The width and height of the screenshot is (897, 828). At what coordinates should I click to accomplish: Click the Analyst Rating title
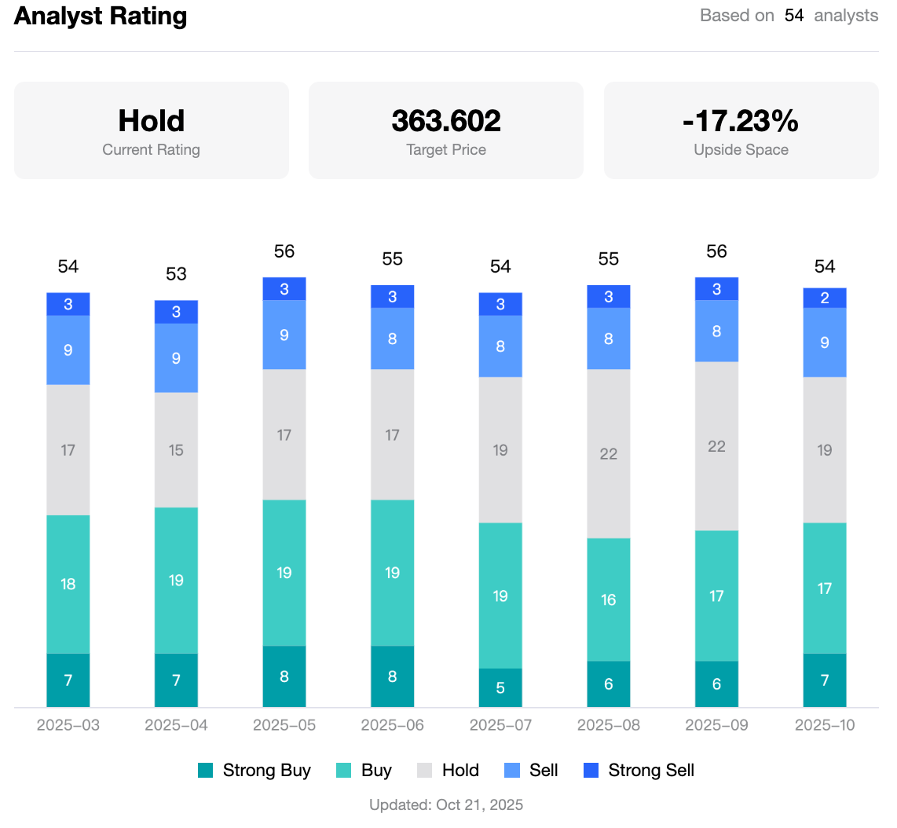[101, 16]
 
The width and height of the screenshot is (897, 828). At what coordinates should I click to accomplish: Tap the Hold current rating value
[151, 121]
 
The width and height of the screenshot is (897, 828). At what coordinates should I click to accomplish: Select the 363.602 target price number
[446, 121]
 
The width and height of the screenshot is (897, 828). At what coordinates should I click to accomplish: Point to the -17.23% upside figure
[741, 121]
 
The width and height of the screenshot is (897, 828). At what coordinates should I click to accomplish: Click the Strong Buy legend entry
[254, 771]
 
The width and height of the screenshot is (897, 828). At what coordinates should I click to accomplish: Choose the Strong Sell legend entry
[639, 771]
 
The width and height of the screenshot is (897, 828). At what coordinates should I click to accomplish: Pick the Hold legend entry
[449, 771]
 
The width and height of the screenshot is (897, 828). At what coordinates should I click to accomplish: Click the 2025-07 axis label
[500, 725]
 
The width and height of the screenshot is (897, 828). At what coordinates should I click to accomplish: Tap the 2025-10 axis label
[825, 725]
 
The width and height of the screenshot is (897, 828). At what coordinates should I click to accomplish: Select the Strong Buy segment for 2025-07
[500, 688]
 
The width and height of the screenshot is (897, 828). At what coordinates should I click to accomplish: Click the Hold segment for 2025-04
[176, 450]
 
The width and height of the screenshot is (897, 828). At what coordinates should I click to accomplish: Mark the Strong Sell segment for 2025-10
[825, 298]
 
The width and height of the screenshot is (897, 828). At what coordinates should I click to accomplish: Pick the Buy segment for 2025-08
[609, 599]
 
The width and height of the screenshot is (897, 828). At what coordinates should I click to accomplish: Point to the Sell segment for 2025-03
[68, 350]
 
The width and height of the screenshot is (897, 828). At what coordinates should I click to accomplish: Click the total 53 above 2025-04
[176, 274]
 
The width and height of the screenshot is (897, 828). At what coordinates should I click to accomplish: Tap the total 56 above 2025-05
[284, 251]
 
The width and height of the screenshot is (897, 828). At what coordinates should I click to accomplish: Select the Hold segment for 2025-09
[716, 446]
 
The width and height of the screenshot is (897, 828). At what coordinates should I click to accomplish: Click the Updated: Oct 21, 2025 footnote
[446, 805]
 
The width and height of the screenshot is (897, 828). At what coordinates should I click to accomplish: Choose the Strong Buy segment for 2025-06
[392, 676]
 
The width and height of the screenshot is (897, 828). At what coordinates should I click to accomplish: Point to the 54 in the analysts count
[794, 16]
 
